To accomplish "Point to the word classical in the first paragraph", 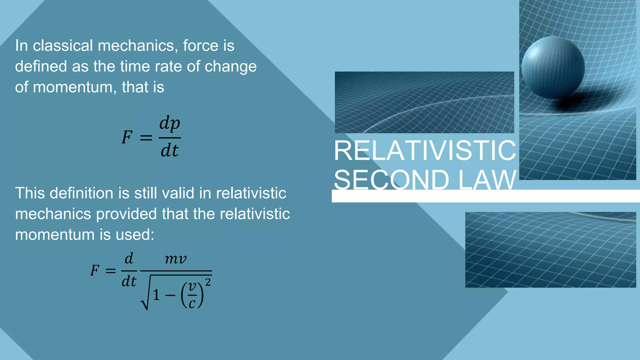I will tap(63, 46).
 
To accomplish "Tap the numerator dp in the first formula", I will tap(170, 123).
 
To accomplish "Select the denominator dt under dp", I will tap(170, 151).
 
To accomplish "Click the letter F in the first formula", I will tap(127, 137).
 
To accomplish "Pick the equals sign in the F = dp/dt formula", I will tap(146, 137).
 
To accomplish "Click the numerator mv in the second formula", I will tap(176, 259).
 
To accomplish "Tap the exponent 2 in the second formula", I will tap(208, 282).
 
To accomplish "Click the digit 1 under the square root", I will tap(156, 295).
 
